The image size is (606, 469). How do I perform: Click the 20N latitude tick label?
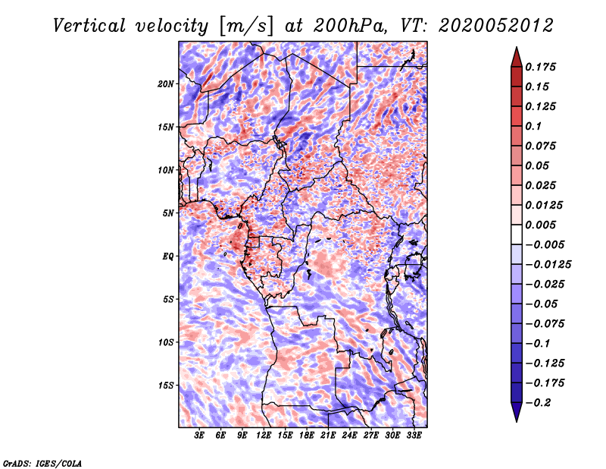click(165, 84)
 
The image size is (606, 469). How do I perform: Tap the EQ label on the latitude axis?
click(167, 257)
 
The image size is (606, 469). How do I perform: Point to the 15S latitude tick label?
click(165, 386)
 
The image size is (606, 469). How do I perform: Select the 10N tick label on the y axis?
click(165, 171)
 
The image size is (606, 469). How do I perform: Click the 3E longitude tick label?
click(199, 436)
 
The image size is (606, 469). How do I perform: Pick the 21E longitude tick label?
click(328, 436)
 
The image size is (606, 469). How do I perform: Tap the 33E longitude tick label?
click(414, 436)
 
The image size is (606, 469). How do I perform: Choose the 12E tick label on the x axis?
click(264, 436)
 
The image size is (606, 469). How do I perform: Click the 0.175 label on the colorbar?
click(540, 67)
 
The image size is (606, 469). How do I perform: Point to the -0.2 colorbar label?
click(538, 403)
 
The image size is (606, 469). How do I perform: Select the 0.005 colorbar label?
click(540, 225)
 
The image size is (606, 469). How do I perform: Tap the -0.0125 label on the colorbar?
click(548, 265)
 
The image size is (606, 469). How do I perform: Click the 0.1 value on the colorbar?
click(533, 126)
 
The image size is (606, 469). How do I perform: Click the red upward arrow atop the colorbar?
click(517, 58)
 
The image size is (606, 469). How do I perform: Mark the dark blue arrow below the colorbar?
click(517, 412)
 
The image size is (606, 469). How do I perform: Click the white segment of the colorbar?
click(517, 234)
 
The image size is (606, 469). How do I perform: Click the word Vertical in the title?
click(89, 26)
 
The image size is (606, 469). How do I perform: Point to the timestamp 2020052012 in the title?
click(496, 26)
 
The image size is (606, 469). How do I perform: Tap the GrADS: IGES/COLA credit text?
click(42, 464)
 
